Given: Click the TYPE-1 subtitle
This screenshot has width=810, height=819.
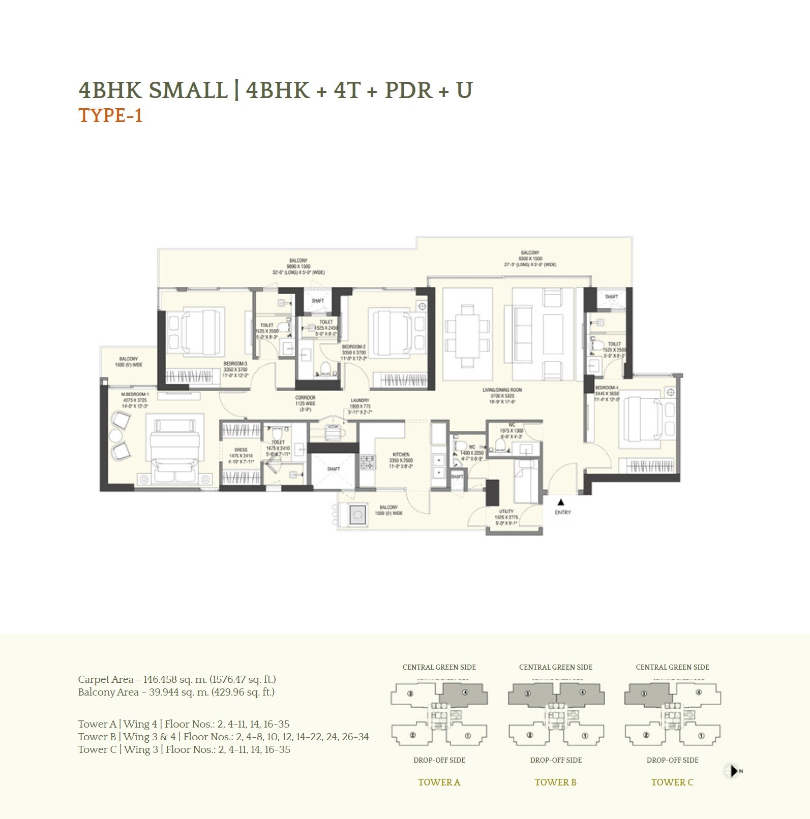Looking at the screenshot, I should tap(110, 116).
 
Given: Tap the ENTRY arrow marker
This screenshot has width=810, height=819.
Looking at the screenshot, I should tap(561, 501).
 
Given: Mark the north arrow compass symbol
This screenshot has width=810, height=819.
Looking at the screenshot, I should tap(733, 771).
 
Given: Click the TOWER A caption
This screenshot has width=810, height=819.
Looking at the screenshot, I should tap(439, 782).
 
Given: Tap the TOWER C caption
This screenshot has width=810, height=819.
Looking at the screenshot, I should tap(672, 782).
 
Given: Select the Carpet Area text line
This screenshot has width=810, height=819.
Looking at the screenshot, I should tap(176, 679).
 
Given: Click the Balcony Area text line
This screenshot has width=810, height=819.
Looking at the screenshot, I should tap(176, 692).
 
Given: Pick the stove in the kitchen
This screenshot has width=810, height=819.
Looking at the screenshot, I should tap(367, 462).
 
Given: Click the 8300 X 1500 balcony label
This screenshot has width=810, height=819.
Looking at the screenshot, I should tap(530, 259).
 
